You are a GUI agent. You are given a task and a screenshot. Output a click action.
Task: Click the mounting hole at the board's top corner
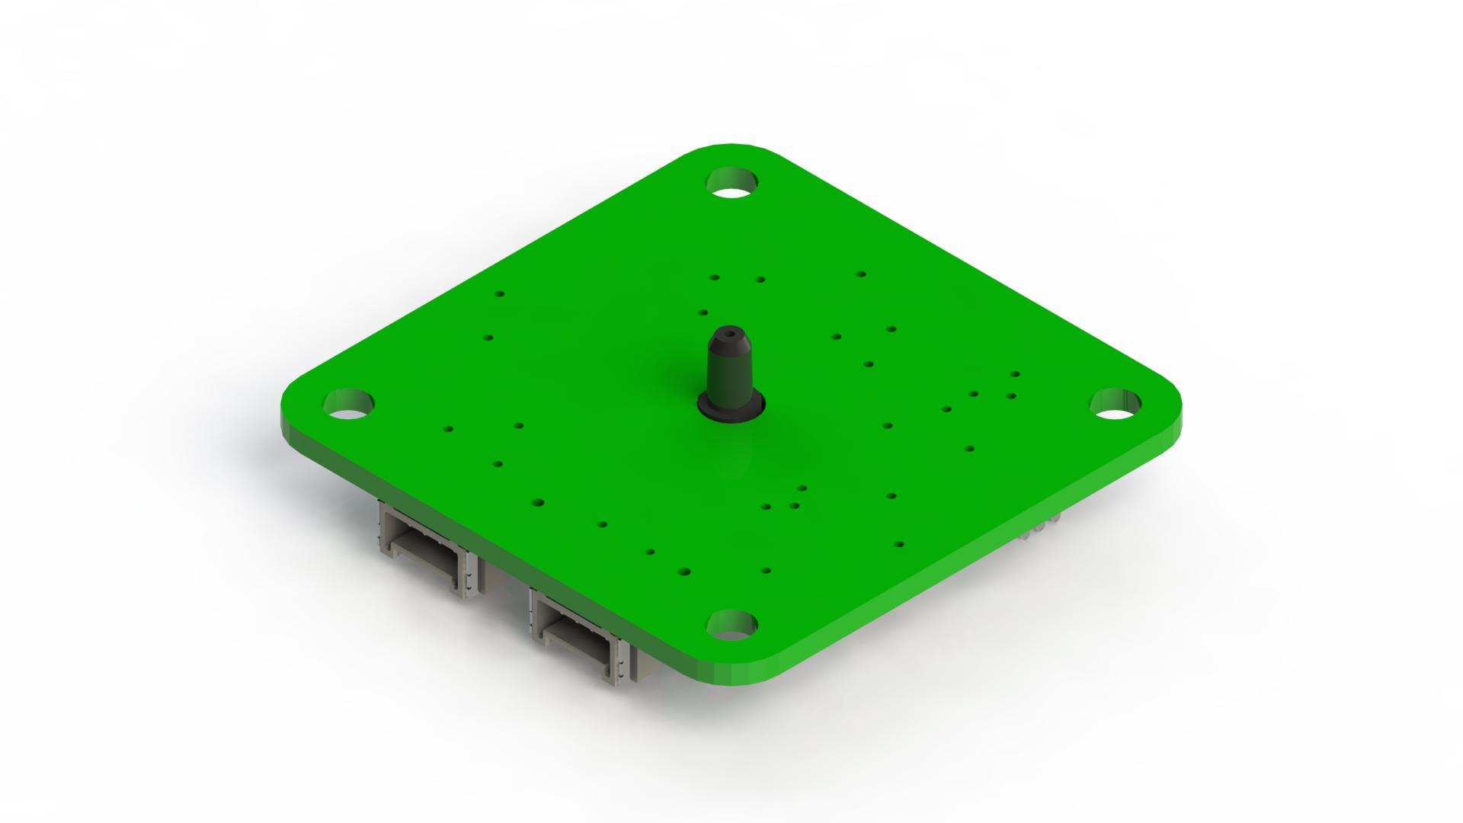click(733, 184)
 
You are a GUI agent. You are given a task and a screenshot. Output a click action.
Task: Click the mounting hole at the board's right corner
click(1116, 403)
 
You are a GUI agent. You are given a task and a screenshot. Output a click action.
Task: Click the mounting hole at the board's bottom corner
click(732, 625)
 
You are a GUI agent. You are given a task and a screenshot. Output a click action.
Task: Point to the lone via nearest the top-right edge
click(860, 274)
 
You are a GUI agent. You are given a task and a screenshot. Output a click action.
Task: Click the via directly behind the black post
click(703, 312)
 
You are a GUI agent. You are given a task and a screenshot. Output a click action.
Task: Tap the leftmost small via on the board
click(449, 430)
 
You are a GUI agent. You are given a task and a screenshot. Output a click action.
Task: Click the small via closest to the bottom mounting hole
click(766, 570)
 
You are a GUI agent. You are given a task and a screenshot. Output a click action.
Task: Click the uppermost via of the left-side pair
click(501, 293)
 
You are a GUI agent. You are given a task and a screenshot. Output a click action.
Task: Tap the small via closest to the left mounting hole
click(449, 430)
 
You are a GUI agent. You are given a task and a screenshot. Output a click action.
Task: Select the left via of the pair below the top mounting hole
click(714, 277)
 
